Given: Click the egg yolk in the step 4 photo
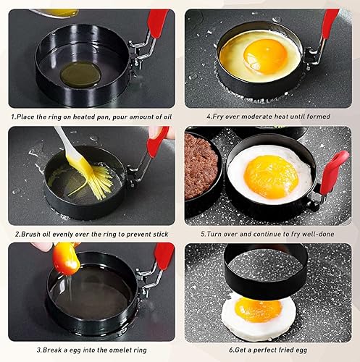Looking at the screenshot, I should pyautogui.click(x=265, y=55).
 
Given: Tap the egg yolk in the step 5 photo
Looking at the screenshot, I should pyautogui.click(x=271, y=175).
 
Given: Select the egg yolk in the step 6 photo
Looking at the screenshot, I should pyautogui.click(x=259, y=309).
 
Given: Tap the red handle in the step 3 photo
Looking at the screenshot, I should pyautogui.click(x=164, y=255).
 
